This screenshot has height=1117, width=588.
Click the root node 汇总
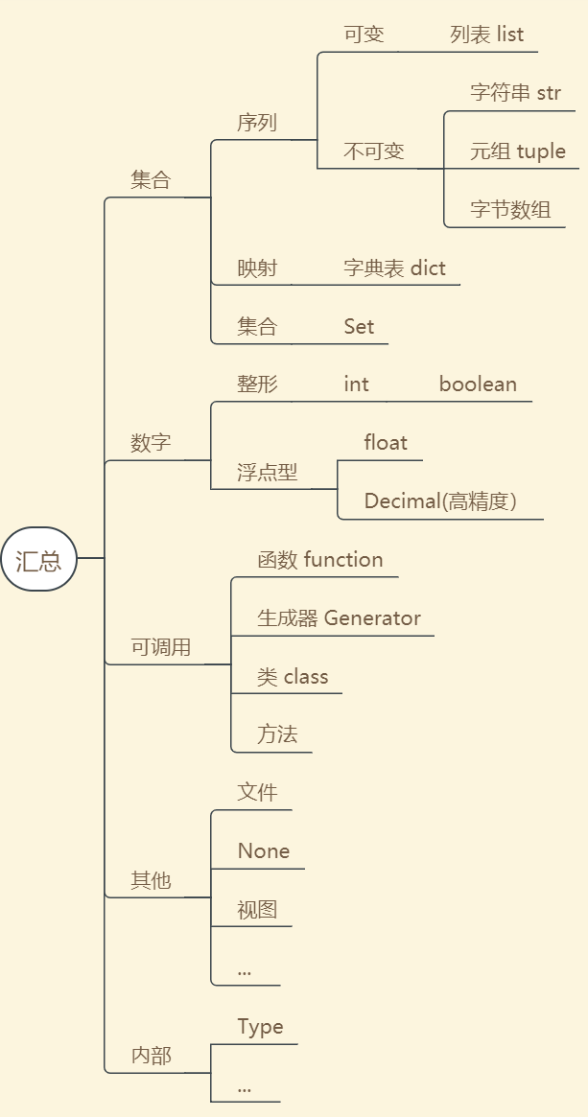38,559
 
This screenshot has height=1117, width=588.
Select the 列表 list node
486,35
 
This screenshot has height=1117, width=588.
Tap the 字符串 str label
515,93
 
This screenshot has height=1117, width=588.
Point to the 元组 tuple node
517,151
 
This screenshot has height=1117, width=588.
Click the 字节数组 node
510,210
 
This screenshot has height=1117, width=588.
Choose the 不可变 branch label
374,151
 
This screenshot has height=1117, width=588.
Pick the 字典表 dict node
394,268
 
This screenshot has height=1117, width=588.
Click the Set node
359,327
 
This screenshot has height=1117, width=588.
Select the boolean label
478,384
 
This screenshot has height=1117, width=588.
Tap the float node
386,443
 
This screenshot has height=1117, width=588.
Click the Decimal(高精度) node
440,501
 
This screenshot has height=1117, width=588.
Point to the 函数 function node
320,560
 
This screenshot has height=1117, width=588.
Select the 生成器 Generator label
339,618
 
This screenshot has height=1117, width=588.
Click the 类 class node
293,677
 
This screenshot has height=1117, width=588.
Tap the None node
264,851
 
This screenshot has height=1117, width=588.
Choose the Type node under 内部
260,1027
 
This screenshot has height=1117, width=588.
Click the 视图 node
257,910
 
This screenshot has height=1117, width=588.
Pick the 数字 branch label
151,443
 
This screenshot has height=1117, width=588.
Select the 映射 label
257,268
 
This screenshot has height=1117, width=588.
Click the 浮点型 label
268,472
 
